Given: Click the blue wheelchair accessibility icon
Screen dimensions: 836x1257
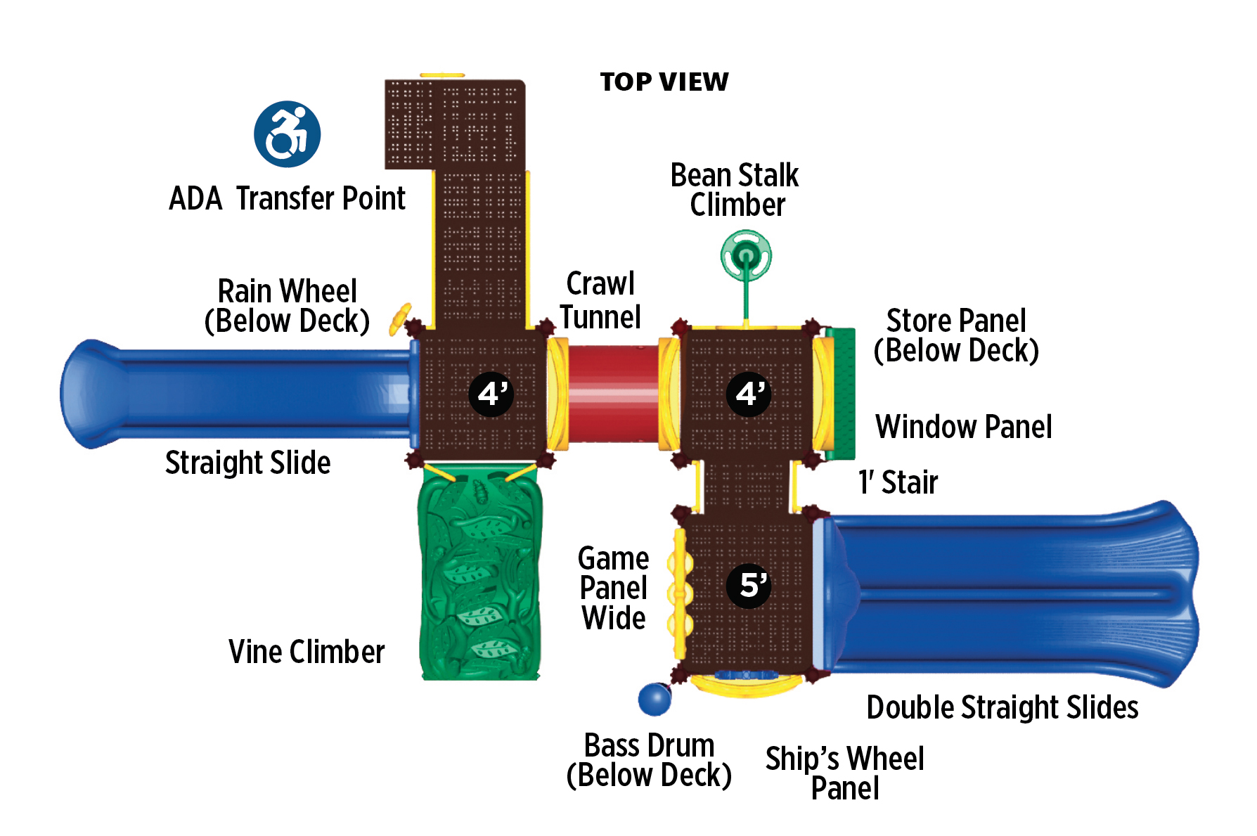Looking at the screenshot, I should pyautogui.click(x=287, y=134).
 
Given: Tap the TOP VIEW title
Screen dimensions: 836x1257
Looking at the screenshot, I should pyautogui.click(x=664, y=82).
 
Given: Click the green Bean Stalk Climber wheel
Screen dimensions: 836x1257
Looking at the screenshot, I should pyautogui.click(x=746, y=256).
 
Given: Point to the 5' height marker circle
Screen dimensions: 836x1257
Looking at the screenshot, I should pyautogui.click(x=749, y=585).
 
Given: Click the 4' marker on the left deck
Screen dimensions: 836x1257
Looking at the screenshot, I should pyautogui.click(x=491, y=394).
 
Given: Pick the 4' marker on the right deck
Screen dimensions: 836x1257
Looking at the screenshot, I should pyautogui.click(x=749, y=394).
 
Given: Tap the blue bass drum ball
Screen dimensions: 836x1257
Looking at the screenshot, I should pyautogui.click(x=655, y=699).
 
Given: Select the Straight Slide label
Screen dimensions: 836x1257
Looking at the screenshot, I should pyautogui.click(x=247, y=463).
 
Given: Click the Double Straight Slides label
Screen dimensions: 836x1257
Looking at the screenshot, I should pyautogui.click(x=1002, y=707).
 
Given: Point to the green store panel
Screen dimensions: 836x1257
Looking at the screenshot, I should pyautogui.click(x=841, y=394).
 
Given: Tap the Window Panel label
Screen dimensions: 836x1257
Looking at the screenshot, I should pyautogui.click(x=963, y=427).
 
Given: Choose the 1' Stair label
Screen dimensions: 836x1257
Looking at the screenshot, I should pyautogui.click(x=898, y=483).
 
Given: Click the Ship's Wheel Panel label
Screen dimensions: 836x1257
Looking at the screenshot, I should pyautogui.click(x=844, y=773).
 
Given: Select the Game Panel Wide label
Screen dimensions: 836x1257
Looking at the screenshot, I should pyautogui.click(x=613, y=589).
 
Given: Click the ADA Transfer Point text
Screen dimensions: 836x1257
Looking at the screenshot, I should pyautogui.click(x=287, y=199).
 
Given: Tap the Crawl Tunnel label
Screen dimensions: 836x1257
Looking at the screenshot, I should pyautogui.click(x=600, y=301).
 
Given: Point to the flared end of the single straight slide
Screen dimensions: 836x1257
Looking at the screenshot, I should pyautogui.click(x=88, y=394).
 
